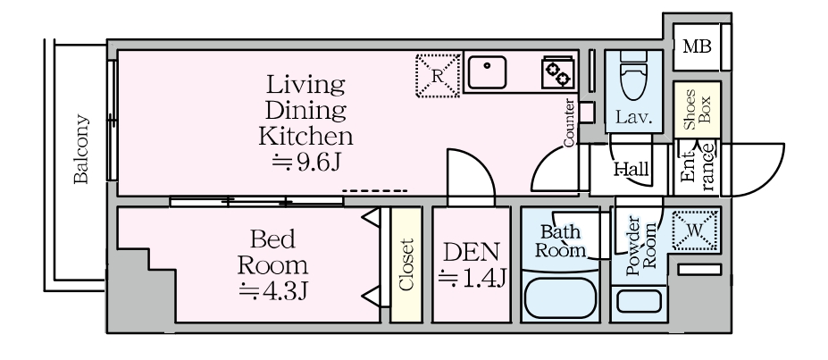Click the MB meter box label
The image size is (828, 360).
[697, 47]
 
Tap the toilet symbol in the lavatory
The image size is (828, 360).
[633, 76]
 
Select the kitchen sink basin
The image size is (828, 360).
[487, 72]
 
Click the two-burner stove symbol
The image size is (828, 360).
[557, 72]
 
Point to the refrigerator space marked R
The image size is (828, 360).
[438, 75]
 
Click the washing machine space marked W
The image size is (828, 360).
[695, 230]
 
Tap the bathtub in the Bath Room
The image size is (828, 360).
[560, 298]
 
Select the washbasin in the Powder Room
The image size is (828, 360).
[639, 301]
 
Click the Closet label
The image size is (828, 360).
[406, 265]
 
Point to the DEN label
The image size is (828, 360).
[471, 252]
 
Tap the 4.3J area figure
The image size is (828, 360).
[273, 291]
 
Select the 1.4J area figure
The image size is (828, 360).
[473, 278]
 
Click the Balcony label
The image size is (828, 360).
[80, 149]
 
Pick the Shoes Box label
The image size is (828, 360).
[697, 109]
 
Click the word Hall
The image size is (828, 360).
[631, 170]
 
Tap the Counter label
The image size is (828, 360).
[569, 122]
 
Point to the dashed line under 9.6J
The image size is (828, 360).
[375, 190]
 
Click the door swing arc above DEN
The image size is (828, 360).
[481, 163]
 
